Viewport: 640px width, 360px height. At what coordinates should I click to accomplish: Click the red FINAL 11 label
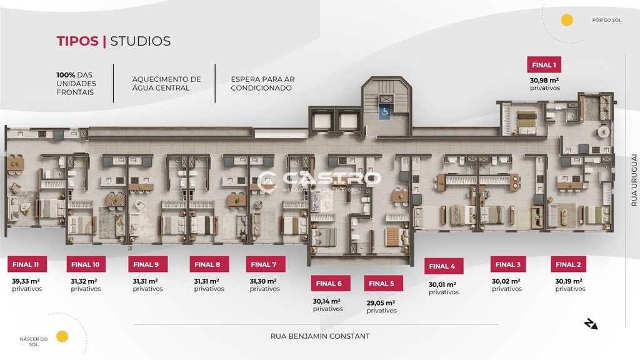click(x=27, y=264)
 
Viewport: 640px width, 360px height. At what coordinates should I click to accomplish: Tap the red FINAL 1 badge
click(x=544, y=65)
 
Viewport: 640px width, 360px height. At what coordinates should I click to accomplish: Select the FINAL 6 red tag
click(x=330, y=283)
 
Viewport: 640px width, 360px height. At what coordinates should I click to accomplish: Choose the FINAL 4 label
click(x=444, y=266)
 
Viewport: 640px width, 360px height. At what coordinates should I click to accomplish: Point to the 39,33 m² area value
click(x=26, y=281)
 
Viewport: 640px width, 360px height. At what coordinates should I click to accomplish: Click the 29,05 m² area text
click(x=381, y=303)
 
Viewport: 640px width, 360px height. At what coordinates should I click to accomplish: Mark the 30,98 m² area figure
click(x=544, y=81)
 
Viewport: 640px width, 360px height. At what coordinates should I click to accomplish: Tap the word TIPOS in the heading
click(x=77, y=41)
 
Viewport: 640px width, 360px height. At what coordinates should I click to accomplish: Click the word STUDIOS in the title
click(x=141, y=41)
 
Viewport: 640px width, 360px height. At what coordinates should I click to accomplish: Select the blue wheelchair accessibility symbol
click(x=384, y=112)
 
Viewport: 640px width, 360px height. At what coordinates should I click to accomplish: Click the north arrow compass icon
click(x=591, y=324)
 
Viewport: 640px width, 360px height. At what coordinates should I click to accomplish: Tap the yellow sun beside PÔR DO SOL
click(x=566, y=20)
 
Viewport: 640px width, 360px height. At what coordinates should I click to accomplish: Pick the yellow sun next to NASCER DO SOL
click(x=62, y=337)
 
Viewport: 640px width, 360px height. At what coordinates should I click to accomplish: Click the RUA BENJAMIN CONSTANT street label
click(x=320, y=336)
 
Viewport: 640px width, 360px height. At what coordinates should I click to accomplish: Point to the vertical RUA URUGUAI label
click(x=634, y=180)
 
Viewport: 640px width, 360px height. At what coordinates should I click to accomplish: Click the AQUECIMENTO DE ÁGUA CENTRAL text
click(x=166, y=84)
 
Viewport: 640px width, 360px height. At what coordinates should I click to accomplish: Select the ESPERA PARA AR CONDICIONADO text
click(x=262, y=84)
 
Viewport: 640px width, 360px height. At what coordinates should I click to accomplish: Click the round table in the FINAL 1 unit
click(x=603, y=132)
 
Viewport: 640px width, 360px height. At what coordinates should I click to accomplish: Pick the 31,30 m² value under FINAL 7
click(x=263, y=281)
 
